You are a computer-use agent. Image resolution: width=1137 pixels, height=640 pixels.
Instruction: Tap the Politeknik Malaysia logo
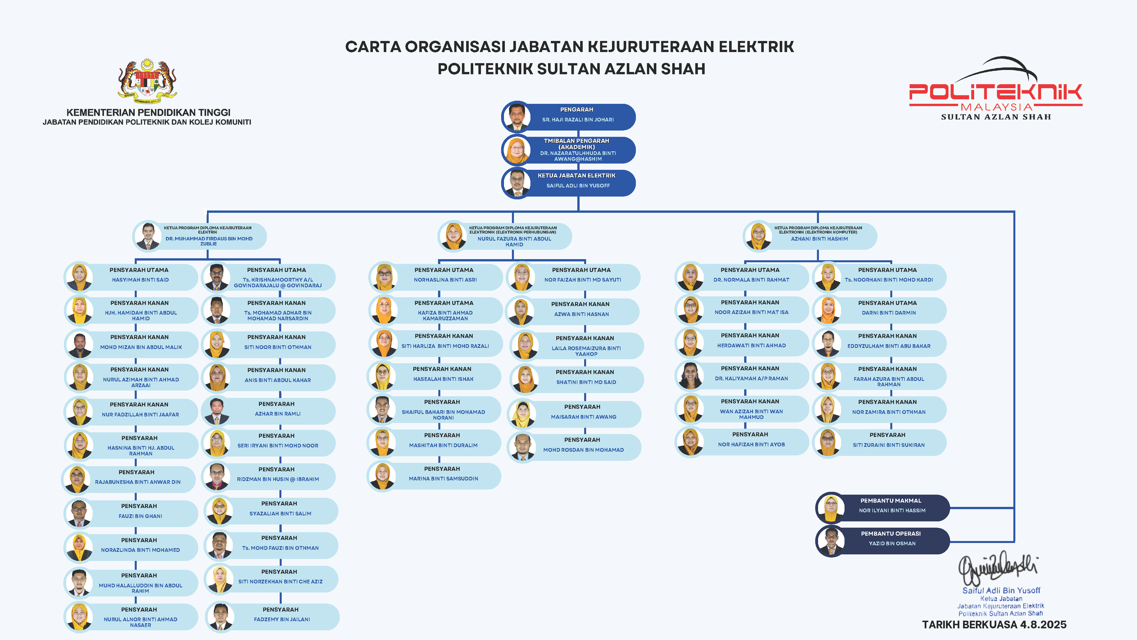pos(995,88)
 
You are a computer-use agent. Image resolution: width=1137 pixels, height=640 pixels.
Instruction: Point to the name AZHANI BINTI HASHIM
pos(819,239)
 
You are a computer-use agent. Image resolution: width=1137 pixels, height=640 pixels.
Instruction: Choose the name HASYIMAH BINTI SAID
pos(140,280)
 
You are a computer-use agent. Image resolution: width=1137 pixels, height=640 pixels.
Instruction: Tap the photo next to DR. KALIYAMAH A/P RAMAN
pos(690,376)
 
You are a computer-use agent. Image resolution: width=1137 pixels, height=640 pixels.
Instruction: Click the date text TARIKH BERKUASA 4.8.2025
pos(994,625)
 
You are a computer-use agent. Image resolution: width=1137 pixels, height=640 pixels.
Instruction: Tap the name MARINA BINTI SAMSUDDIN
pos(443,479)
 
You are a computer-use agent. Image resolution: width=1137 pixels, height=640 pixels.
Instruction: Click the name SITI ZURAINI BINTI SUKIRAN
pos(889,445)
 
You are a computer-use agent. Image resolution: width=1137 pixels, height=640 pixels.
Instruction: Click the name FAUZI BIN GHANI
pos(140,516)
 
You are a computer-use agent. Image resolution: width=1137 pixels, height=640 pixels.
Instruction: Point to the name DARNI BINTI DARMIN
pos(889,313)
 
